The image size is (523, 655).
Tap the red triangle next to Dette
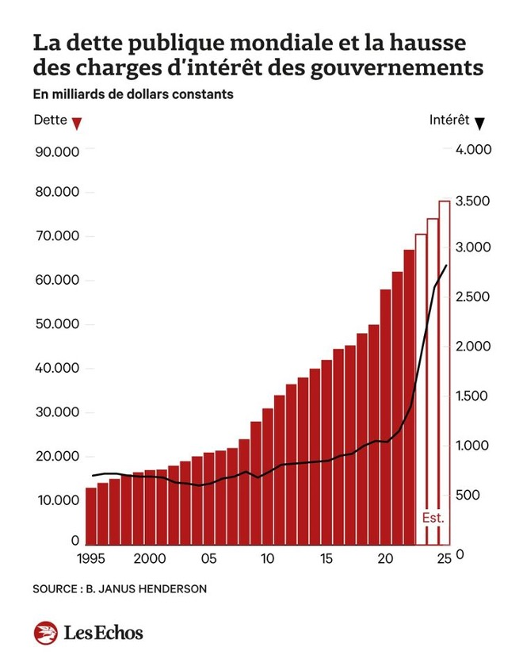click(x=76, y=123)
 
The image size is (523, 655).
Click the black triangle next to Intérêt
click(x=479, y=122)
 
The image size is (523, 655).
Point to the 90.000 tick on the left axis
click(x=57, y=151)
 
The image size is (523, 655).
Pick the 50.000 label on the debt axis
click(x=57, y=324)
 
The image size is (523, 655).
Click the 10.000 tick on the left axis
click(x=57, y=500)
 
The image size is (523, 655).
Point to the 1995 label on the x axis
click(x=91, y=559)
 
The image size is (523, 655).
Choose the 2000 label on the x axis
click(x=150, y=559)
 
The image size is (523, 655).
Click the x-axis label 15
click(x=326, y=559)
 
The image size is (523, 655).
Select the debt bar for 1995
click(x=91, y=515)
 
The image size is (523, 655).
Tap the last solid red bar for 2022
click(x=409, y=396)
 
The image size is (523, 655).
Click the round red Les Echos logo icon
click(x=45, y=632)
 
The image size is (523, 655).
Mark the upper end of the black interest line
click(x=447, y=266)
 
